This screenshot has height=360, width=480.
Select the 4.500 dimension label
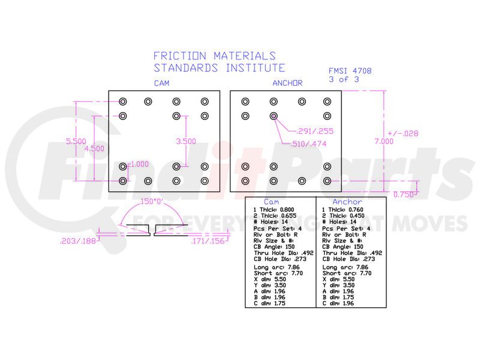(94, 148)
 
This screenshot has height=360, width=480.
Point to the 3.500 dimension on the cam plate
(186, 141)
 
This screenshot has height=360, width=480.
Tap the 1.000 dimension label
(139, 164)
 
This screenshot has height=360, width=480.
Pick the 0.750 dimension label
(404, 194)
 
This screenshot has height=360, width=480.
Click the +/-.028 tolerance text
(403, 133)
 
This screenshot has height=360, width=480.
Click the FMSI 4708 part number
(350, 70)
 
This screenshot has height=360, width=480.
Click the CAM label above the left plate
(161, 83)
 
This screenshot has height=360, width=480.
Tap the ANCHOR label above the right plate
(287, 83)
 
